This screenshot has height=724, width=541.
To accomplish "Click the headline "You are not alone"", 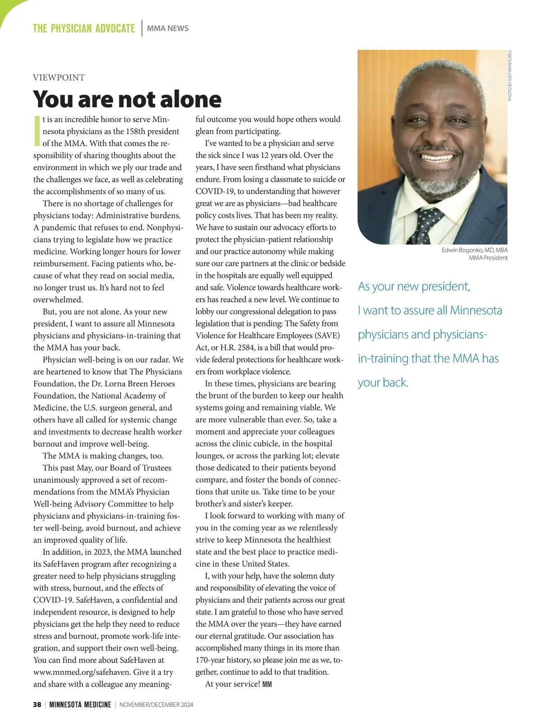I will point(127,99).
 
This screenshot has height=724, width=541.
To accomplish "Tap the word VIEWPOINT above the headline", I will point(59,78).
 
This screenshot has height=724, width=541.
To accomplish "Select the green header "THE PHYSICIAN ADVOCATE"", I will point(84,28).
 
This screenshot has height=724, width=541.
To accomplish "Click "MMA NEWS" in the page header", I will point(168,28).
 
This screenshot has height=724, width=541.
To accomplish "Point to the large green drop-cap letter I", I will point(37,131).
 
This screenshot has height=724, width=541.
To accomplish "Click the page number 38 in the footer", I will point(37,705).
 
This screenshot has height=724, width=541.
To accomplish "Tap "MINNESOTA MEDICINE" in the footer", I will point(80,705).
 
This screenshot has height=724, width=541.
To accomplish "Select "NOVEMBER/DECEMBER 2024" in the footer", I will point(156,705).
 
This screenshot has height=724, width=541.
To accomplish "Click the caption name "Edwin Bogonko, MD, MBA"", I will point(474,250).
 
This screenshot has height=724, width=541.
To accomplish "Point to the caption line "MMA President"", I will point(488,258).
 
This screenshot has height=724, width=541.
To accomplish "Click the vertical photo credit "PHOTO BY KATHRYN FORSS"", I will point(510,75).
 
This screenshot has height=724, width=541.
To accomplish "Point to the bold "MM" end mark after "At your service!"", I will point(267,684).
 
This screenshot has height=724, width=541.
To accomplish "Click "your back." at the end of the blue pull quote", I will point(383,383).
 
